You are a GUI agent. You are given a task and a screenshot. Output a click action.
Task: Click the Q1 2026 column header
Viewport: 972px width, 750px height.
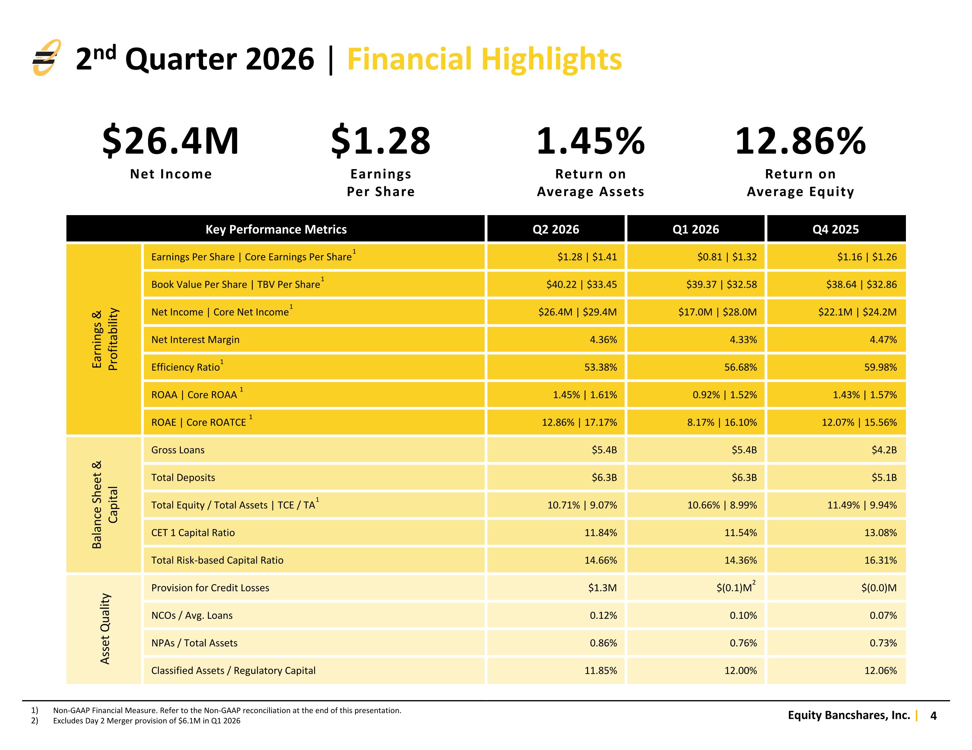696,229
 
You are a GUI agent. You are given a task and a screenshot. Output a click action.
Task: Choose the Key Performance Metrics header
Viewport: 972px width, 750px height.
276,229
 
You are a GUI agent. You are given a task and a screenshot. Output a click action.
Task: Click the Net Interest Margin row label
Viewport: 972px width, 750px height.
195,340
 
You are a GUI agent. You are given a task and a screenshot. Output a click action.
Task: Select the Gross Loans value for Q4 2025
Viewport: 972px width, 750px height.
884,450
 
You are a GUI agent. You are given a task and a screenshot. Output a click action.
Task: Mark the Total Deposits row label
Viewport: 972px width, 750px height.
183,478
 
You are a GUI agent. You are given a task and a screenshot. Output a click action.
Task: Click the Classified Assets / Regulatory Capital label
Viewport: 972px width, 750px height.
233,671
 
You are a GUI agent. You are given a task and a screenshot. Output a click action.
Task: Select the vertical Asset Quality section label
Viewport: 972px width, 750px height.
105,629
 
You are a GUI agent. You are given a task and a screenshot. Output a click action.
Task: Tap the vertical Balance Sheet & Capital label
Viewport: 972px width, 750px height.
105,505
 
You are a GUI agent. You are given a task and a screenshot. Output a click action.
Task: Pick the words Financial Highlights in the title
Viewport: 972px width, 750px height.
484,59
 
